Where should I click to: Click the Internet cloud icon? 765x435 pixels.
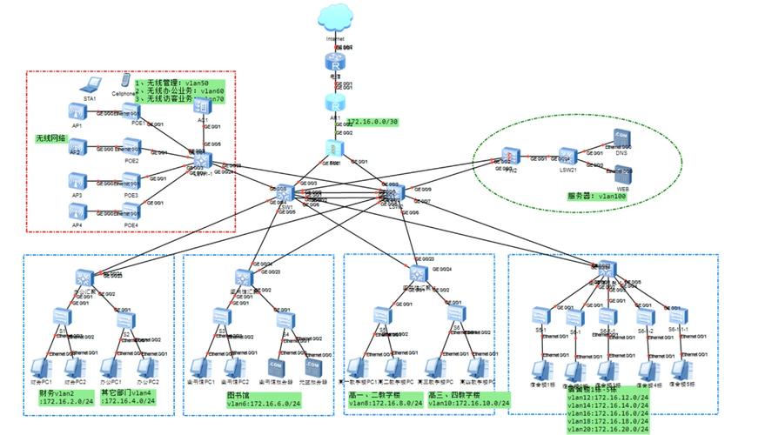(335, 18)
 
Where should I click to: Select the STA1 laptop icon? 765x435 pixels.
(90, 86)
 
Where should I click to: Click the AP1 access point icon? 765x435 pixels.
(77, 111)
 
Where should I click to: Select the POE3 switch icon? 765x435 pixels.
(131, 181)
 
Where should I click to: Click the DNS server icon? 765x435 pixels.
(621, 138)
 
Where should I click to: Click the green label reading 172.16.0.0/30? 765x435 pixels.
(372, 122)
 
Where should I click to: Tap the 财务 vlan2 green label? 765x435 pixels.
(65, 397)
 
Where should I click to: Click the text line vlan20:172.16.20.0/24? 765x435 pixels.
(607, 429)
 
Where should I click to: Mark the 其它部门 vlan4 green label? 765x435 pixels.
(131, 397)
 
